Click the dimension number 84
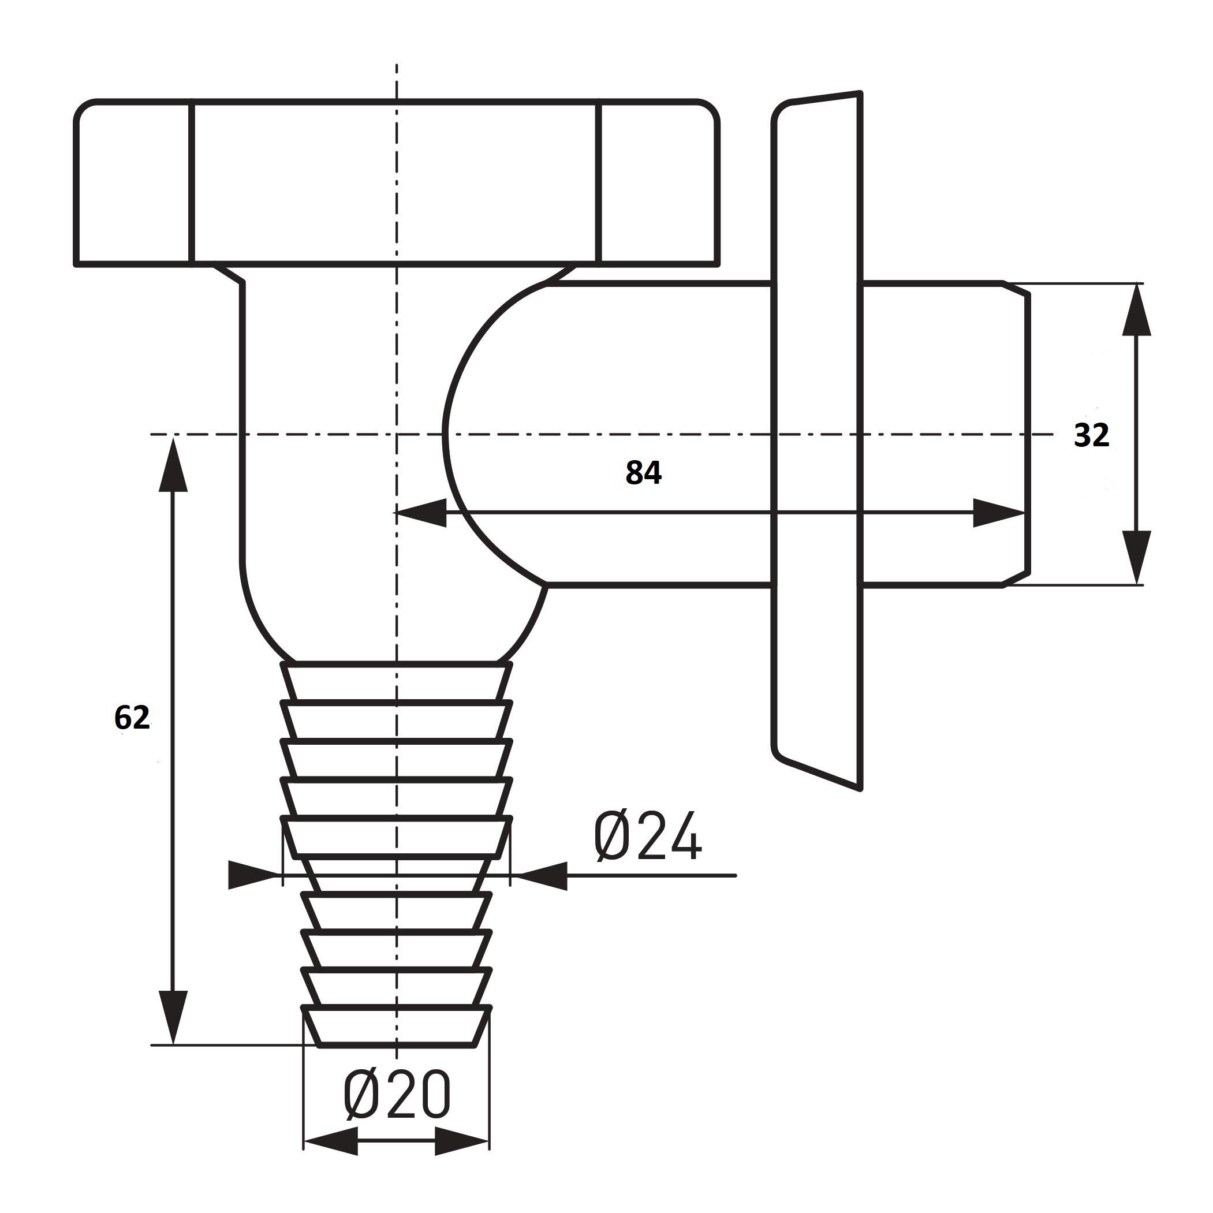644,473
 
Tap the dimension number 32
1092,435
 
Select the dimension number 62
132,718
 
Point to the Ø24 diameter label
648,835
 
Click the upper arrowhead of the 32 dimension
1136,311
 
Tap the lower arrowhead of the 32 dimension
1136,558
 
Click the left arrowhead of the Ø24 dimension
254,875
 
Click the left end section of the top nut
132,182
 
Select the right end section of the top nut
659,182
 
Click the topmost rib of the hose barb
397,681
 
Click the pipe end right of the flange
946,435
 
